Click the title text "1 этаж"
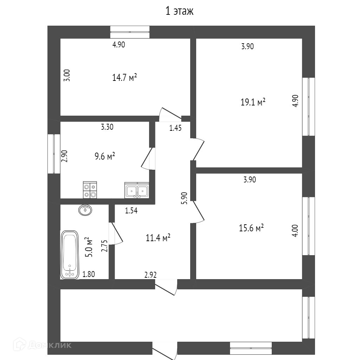pyautogui.click(x=180, y=11)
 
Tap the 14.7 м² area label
pyautogui.click(x=124, y=77)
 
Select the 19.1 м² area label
pyautogui.click(x=253, y=102)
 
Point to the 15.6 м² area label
pyautogui.click(x=251, y=228)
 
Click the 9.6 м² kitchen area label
pyautogui.click(x=105, y=156)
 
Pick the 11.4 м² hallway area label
pyautogui.click(x=158, y=238)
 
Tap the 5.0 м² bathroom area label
pyautogui.click(x=89, y=247)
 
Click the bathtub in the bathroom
pyautogui.click(x=70, y=255)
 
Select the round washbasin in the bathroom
pyautogui.click(x=85, y=210)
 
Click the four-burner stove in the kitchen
pyautogui.click(x=90, y=190)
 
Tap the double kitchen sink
pyautogui.click(x=137, y=190)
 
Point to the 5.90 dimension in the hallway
pyautogui.click(x=185, y=198)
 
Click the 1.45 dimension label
pyautogui.click(x=175, y=128)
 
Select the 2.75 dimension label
pyautogui.click(x=104, y=246)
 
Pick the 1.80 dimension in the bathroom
pyautogui.click(x=89, y=274)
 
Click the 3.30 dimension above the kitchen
pyautogui.click(x=107, y=127)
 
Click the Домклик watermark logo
pyautogui.click(x=43, y=345)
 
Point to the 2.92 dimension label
pyautogui.click(x=150, y=275)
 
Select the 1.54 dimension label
pyautogui.click(x=131, y=211)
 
